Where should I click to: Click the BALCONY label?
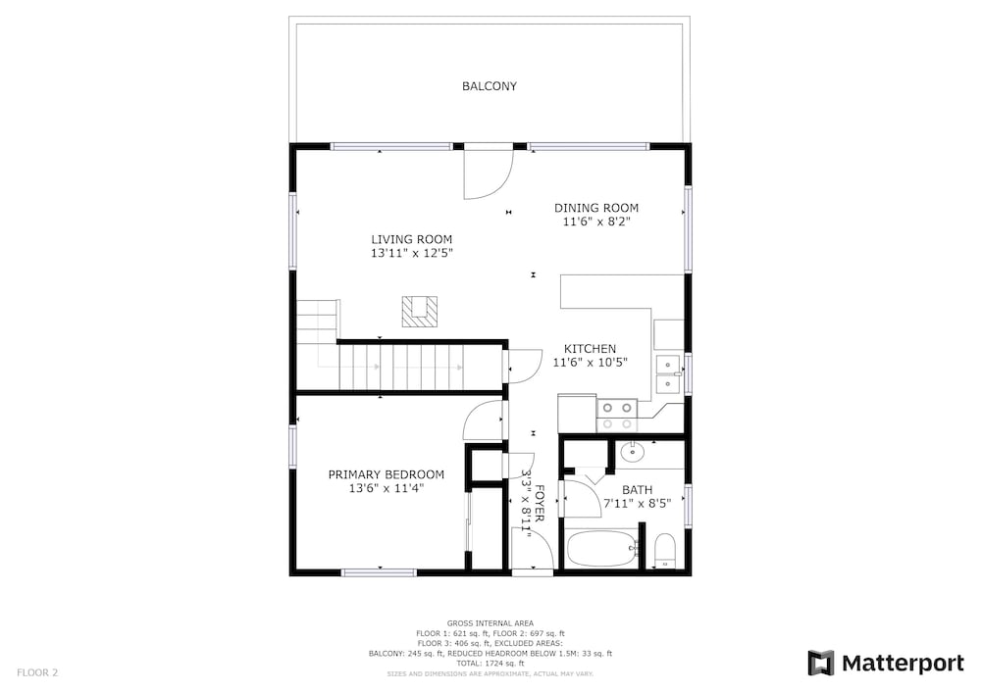[x=490, y=86]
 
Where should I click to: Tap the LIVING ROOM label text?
[x=412, y=239]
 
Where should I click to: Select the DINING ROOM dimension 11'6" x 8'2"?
[x=596, y=222]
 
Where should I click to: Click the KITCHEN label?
[x=590, y=349]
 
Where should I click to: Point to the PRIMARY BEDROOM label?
[x=386, y=475]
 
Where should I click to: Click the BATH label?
[x=637, y=490]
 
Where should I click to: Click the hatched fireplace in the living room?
[x=419, y=311]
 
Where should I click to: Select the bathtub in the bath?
[x=602, y=549]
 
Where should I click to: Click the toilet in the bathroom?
[x=664, y=551]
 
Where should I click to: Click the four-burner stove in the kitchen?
[x=617, y=417]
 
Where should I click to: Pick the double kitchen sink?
[x=668, y=373]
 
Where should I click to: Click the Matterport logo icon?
[x=820, y=663]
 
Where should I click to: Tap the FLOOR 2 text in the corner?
[x=37, y=673]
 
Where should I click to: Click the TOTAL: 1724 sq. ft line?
[x=490, y=664]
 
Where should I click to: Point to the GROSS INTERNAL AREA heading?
[x=490, y=623]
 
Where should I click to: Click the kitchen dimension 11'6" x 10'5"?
[x=590, y=363]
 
